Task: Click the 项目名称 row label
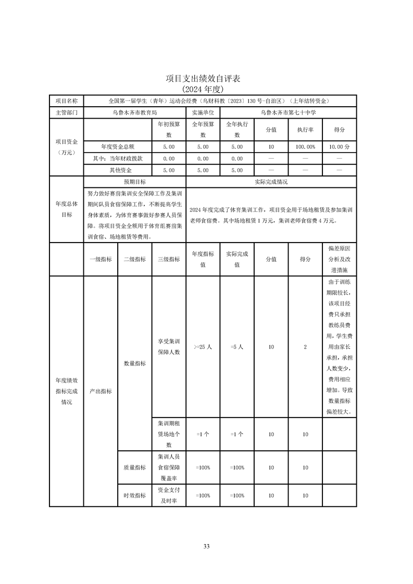pyautogui.click(x=66, y=101)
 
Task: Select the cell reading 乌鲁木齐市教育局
pyautogui.click(x=134, y=112)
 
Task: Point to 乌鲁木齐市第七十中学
pyautogui.click(x=289, y=112)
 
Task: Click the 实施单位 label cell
pyautogui.click(x=203, y=112)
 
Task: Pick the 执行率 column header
pyautogui.click(x=305, y=130)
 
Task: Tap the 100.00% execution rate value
pyautogui.click(x=305, y=147)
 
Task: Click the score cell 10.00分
pyautogui.click(x=339, y=147)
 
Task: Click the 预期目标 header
pyautogui.click(x=134, y=182)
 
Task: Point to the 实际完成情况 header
pyautogui.click(x=271, y=182)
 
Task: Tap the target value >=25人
pyautogui.click(x=203, y=347)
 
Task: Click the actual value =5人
pyautogui.click(x=236, y=347)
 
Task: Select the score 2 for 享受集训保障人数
pyautogui.click(x=305, y=347)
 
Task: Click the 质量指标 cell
pyautogui.click(x=134, y=467)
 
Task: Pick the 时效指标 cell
pyautogui.click(x=134, y=496)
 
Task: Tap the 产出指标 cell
pyautogui.click(x=101, y=391)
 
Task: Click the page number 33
pyautogui.click(x=206, y=546)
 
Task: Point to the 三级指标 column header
pyautogui.click(x=168, y=259)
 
